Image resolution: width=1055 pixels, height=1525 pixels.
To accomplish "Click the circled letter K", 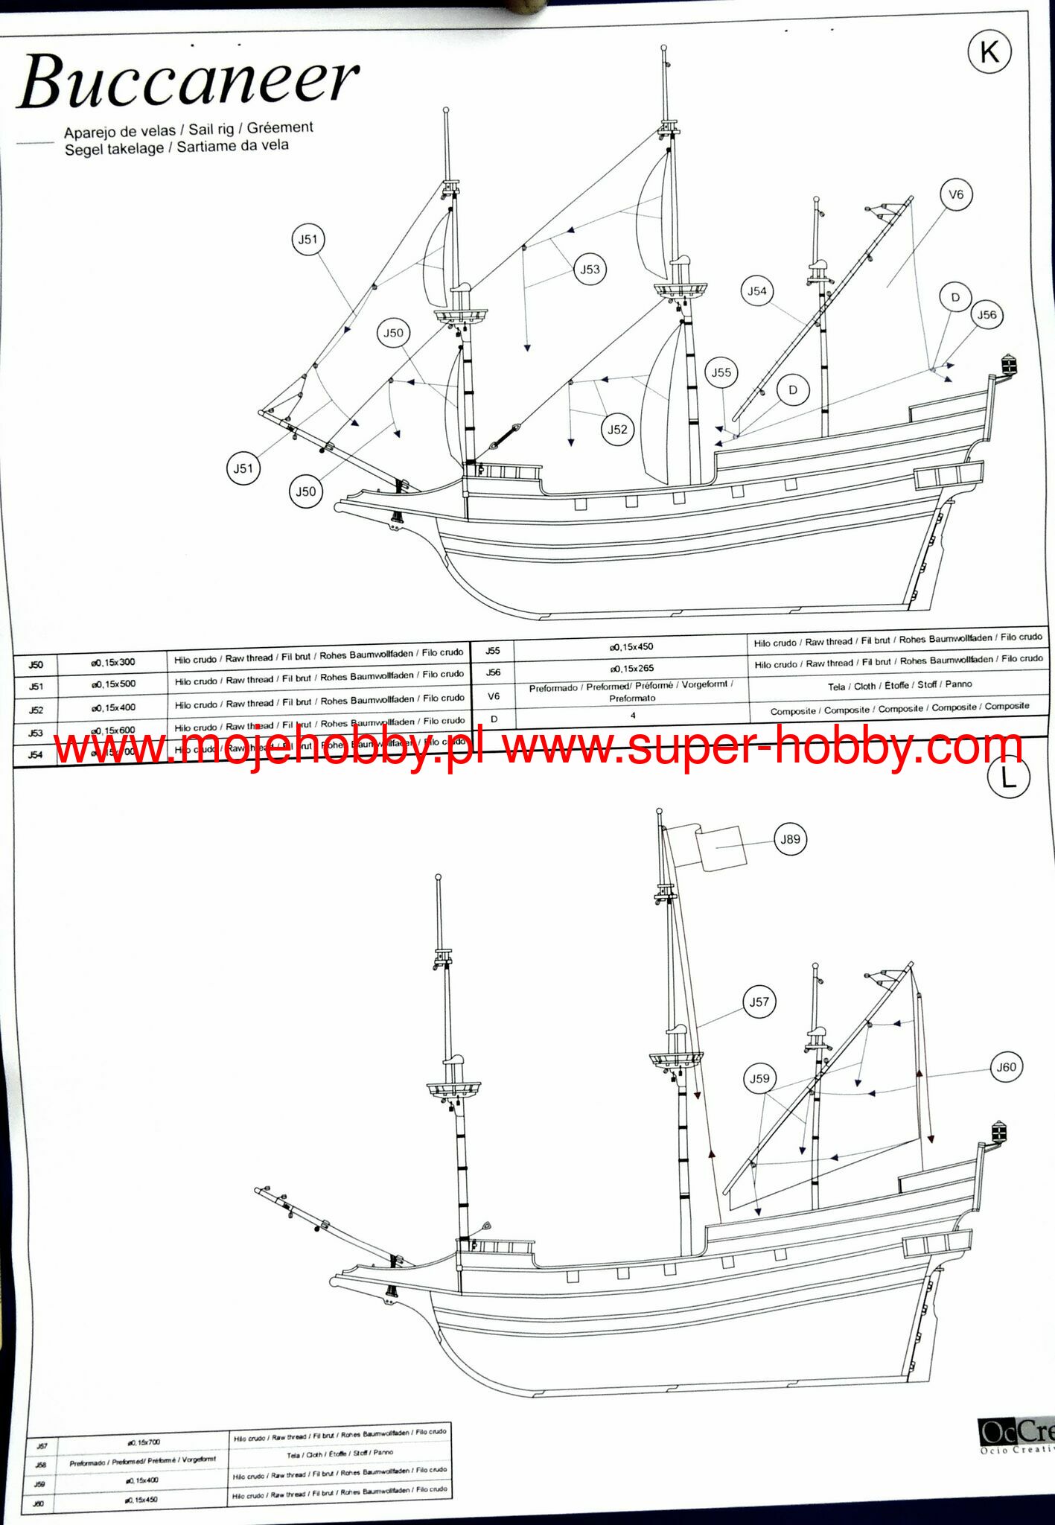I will [x=989, y=53].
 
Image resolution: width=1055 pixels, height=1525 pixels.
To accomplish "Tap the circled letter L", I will [x=1008, y=777].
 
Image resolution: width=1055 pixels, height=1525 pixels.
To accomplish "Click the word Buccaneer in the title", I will [x=188, y=80].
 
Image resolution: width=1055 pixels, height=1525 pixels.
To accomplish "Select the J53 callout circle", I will [x=590, y=270].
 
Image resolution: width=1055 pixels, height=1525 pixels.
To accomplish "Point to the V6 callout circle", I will [x=956, y=195].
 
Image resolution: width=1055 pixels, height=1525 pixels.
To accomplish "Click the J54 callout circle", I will [x=757, y=291].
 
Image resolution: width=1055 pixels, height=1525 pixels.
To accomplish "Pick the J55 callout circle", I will [x=721, y=372].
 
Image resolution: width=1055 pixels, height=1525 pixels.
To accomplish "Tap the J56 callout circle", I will [x=987, y=315].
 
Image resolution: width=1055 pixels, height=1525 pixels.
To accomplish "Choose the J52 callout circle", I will [x=617, y=430].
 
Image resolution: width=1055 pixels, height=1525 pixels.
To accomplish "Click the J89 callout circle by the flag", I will [x=790, y=839].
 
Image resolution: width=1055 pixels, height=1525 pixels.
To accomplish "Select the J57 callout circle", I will [x=759, y=1002].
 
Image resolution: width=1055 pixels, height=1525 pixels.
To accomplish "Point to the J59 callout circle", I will [x=759, y=1078].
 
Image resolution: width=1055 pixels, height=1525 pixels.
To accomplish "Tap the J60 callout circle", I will [x=1006, y=1067].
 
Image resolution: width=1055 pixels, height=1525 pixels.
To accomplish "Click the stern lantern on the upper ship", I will [x=1009, y=365].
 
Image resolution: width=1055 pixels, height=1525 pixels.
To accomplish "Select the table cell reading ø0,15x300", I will [x=113, y=663].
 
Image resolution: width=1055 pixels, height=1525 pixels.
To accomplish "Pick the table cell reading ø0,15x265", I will [x=631, y=669].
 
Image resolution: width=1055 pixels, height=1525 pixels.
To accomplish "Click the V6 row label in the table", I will [x=493, y=697].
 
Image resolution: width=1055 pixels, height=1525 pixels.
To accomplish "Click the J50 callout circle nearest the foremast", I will [x=393, y=333].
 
